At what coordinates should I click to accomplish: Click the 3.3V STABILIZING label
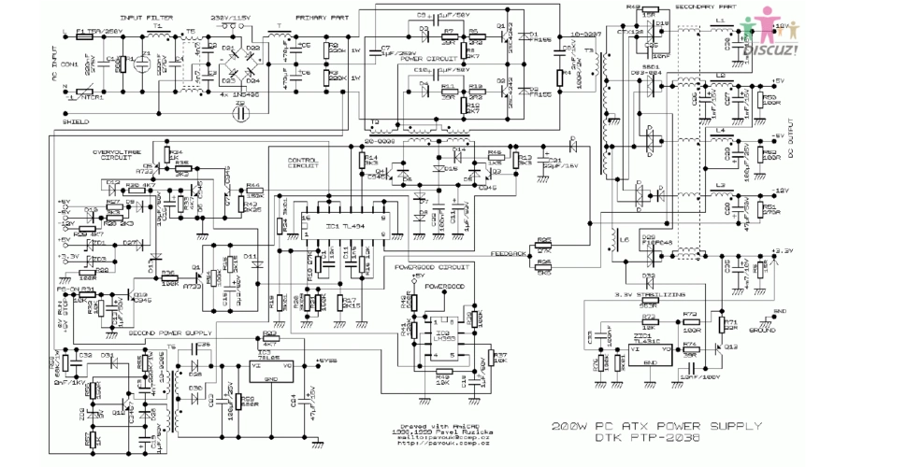[x=643, y=293]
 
